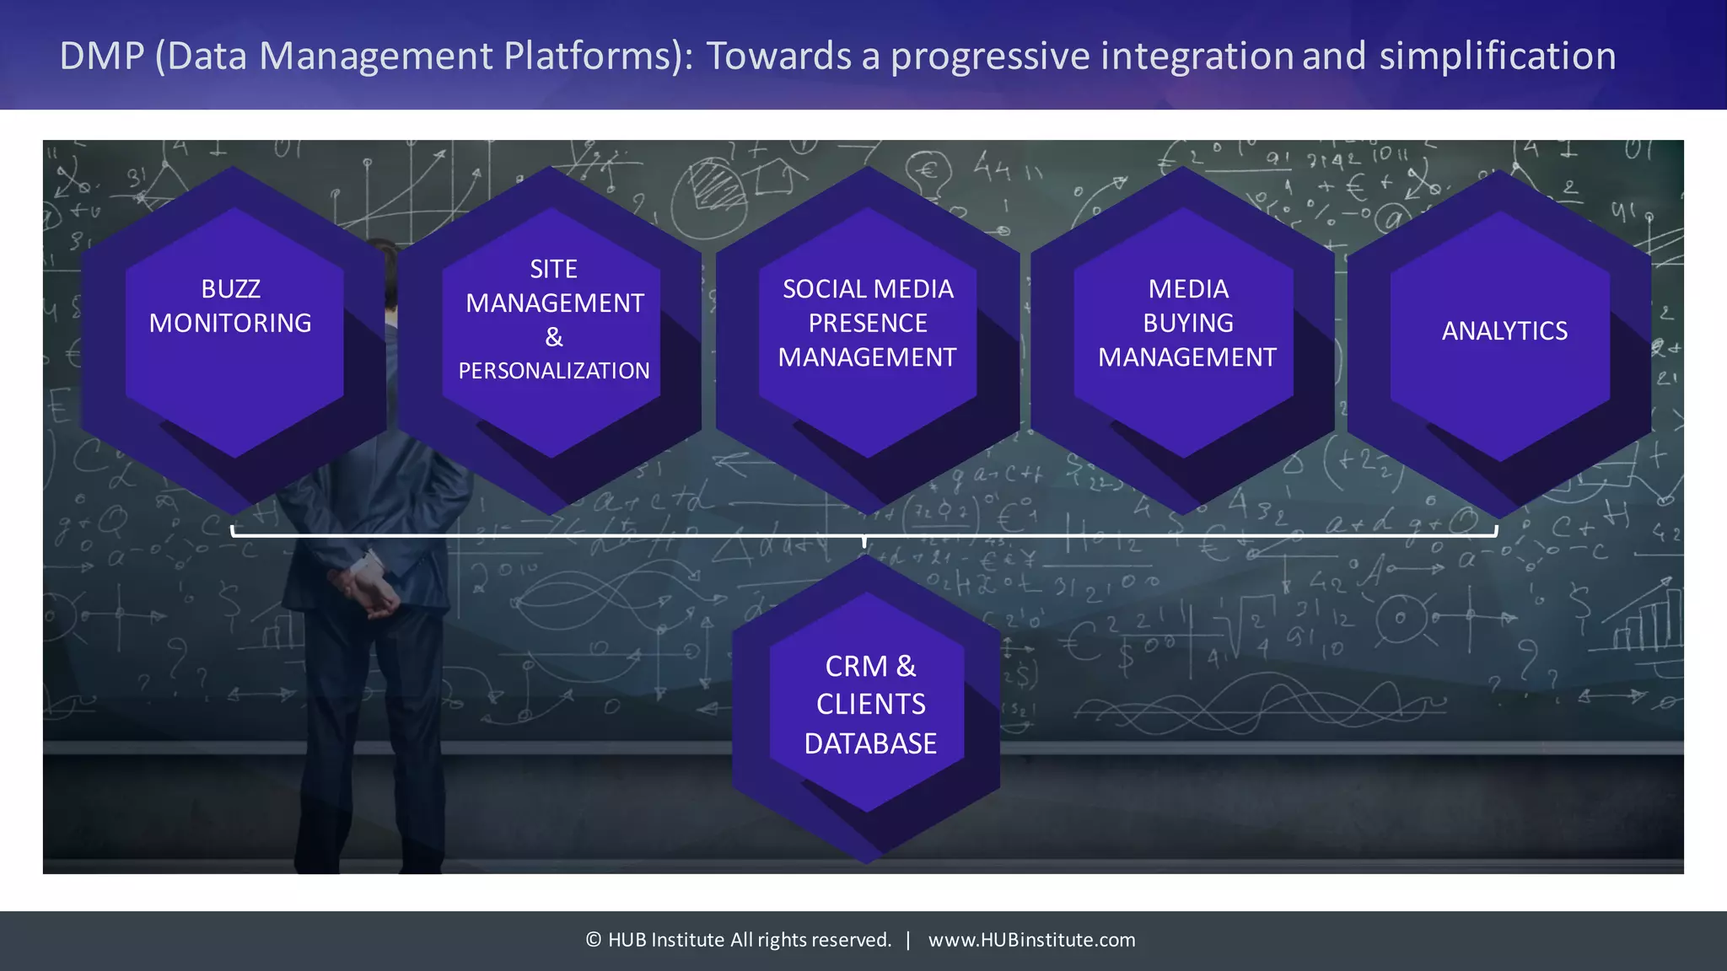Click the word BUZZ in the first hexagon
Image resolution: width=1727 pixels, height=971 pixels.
coord(230,289)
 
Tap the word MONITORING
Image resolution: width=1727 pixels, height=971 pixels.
coord(230,324)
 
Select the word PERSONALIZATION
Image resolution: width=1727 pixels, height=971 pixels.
coord(554,371)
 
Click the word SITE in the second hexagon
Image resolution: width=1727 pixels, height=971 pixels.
coord(553,270)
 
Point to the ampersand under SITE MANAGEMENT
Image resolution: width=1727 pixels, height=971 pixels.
coord(554,337)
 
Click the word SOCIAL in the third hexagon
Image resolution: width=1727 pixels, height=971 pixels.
coord(823,289)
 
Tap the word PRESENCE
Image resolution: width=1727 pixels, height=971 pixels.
coord(868,324)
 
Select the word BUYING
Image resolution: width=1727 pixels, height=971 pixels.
coord(1188,324)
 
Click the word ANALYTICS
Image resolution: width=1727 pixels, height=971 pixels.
coord(1504,331)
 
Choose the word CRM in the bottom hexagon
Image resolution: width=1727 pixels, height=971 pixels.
coord(856,667)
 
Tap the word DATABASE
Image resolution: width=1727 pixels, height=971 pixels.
coord(870,744)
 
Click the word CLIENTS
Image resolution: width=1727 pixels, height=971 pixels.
coord(870,705)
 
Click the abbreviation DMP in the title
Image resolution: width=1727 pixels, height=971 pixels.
coord(102,56)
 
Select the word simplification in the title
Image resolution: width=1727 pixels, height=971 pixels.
coord(1498,56)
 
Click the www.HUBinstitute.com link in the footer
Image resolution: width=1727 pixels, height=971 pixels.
coord(1031,940)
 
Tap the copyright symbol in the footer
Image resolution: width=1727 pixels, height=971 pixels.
coord(594,940)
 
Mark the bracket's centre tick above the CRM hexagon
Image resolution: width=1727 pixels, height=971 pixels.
coord(864,540)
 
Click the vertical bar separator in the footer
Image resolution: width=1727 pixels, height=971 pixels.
coord(908,940)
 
